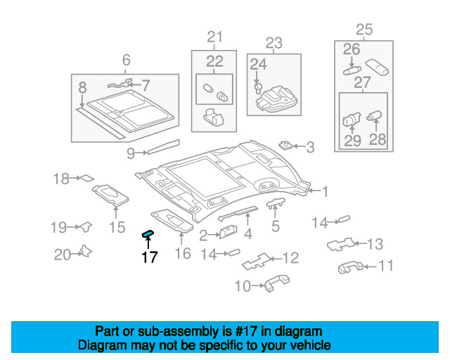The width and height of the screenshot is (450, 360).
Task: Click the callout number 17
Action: [x=149, y=257]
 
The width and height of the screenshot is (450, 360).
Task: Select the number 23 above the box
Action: [x=273, y=42]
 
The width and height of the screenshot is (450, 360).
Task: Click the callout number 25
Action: [x=364, y=30]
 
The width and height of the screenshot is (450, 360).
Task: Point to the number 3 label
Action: [x=310, y=147]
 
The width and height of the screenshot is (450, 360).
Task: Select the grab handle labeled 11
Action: [x=349, y=266]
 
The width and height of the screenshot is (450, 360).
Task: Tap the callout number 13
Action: [x=375, y=244]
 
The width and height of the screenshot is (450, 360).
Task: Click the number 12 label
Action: [x=290, y=258]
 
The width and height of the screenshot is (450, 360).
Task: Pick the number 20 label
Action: [x=63, y=254]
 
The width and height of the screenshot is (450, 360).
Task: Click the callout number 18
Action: [x=61, y=179]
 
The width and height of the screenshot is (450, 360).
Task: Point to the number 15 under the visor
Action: [x=117, y=227]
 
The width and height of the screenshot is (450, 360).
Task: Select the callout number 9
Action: [x=131, y=152]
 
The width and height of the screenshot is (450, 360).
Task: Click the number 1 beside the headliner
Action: [x=326, y=190]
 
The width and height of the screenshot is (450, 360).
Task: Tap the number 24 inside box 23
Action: [x=258, y=65]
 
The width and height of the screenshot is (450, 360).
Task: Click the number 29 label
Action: [x=352, y=140]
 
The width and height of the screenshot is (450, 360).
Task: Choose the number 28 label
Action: [x=378, y=140]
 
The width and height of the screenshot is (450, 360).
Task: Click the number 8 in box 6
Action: [x=83, y=89]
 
